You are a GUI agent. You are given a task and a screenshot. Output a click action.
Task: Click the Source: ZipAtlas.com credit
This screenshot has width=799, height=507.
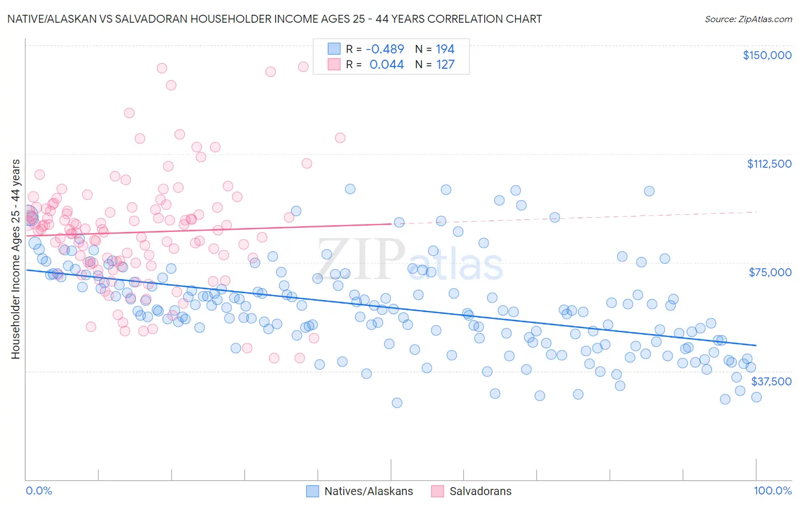(x=748, y=19)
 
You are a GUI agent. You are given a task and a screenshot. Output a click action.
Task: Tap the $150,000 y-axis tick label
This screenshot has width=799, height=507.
(x=767, y=55)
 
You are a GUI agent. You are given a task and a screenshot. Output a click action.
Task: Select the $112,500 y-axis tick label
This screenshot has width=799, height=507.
(x=769, y=164)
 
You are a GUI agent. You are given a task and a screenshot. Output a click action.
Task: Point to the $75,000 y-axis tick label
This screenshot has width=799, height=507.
(x=770, y=272)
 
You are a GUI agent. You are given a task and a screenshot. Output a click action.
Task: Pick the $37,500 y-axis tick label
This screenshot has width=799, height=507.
(x=771, y=381)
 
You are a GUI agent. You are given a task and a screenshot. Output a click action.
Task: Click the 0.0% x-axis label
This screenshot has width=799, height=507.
(x=39, y=491)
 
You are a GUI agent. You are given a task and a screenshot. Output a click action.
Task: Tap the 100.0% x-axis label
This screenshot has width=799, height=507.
(x=772, y=491)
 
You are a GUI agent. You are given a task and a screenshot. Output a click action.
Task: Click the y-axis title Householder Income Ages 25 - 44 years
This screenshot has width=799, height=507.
(x=16, y=259)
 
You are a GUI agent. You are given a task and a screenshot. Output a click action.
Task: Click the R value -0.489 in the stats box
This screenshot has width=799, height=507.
(x=385, y=49)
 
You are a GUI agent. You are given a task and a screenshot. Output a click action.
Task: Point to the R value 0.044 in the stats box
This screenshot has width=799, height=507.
(x=386, y=64)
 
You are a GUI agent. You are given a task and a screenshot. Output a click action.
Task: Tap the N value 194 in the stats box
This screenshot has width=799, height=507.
(x=445, y=49)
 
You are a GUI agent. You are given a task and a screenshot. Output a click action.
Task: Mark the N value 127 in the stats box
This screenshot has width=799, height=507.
(x=445, y=64)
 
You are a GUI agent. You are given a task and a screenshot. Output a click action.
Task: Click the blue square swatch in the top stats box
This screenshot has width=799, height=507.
(x=334, y=49)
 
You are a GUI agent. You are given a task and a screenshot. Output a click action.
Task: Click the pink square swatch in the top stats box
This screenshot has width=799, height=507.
(x=334, y=64)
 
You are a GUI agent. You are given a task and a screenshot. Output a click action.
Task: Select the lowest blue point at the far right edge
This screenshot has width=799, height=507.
(x=756, y=397)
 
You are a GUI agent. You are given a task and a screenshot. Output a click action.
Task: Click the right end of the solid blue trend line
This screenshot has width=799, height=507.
(x=756, y=345)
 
